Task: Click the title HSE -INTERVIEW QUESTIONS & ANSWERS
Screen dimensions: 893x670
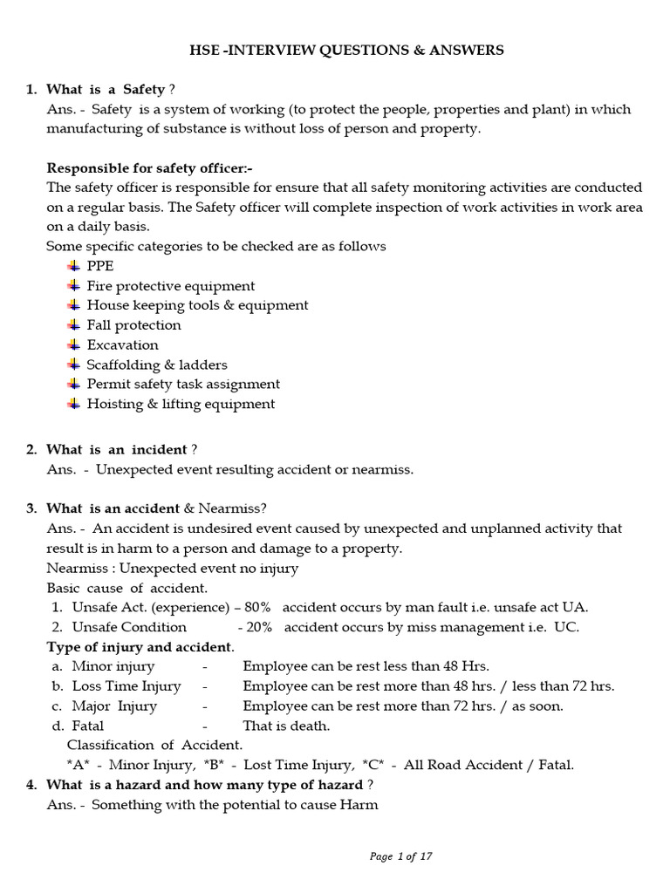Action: click(x=346, y=51)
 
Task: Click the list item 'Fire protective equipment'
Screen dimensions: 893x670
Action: click(x=171, y=286)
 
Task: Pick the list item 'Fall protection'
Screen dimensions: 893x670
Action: click(x=133, y=325)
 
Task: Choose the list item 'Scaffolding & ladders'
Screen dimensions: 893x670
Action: click(x=157, y=365)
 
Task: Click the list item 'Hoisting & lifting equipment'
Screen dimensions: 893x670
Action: click(x=181, y=404)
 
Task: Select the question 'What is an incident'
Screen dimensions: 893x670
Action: click(x=117, y=449)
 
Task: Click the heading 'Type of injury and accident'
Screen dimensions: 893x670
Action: click(x=139, y=647)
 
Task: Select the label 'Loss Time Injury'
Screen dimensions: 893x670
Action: click(x=126, y=686)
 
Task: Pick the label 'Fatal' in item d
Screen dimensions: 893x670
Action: click(x=87, y=726)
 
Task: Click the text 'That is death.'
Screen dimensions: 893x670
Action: click(x=286, y=726)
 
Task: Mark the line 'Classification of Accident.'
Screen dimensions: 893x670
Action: click(x=154, y=746)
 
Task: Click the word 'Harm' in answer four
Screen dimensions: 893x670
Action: click(x=359, y=805)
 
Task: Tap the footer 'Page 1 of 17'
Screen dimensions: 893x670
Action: click(x=400, y=856)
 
